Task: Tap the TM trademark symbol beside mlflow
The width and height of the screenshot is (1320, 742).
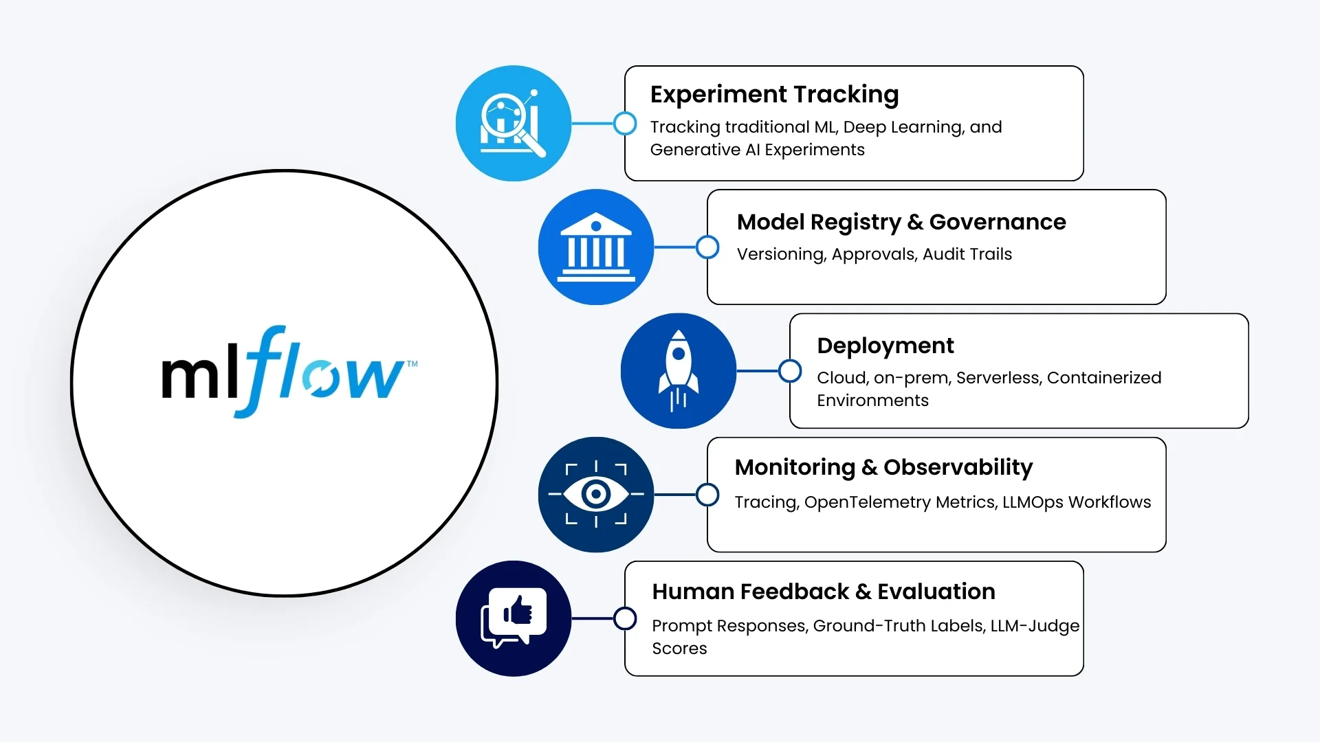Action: (412, 364)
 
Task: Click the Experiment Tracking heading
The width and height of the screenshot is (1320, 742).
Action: (774, 95)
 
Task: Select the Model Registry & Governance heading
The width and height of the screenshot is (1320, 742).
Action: (901, 222)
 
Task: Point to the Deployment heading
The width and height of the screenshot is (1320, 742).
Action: (885, 346)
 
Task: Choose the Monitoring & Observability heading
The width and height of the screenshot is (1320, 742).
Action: (883, 467)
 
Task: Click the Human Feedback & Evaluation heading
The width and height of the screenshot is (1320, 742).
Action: (823, 592)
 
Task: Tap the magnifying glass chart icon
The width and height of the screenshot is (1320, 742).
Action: (513, 124)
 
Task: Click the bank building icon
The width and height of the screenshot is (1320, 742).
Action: (595, 247)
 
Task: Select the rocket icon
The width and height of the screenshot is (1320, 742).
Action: (678, 371)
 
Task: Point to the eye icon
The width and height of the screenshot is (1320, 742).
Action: (595, 494)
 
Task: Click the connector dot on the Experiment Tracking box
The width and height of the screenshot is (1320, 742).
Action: (625, 124)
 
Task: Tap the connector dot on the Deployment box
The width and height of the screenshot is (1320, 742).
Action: (790, 371)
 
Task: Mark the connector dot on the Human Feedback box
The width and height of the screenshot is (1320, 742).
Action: (625, 618)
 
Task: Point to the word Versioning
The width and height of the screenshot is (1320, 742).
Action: (780, 254)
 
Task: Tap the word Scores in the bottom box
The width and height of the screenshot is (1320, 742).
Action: (679, 649)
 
